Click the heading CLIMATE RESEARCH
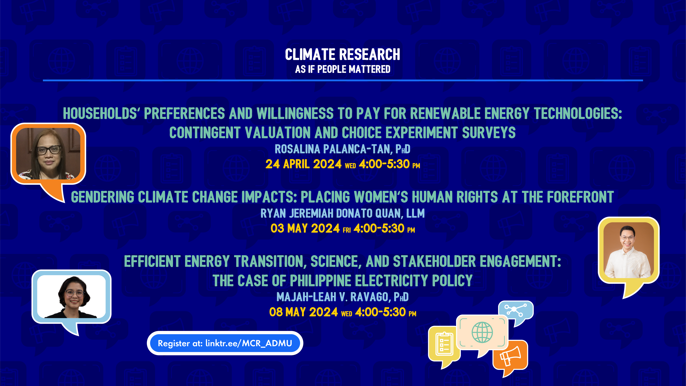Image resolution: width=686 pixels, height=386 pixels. (342, 54)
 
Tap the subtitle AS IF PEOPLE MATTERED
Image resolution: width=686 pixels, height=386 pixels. (342, 69)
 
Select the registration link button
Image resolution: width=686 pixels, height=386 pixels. (225, 343)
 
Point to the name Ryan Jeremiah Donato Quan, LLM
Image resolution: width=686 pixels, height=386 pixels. (342, 213)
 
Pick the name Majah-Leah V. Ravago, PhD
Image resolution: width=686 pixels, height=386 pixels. (342, 297)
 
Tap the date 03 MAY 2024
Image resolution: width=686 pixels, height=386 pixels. (305, 229)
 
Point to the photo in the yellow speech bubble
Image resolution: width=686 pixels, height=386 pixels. (629, 250)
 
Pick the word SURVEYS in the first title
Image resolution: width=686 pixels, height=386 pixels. (489, 133)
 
